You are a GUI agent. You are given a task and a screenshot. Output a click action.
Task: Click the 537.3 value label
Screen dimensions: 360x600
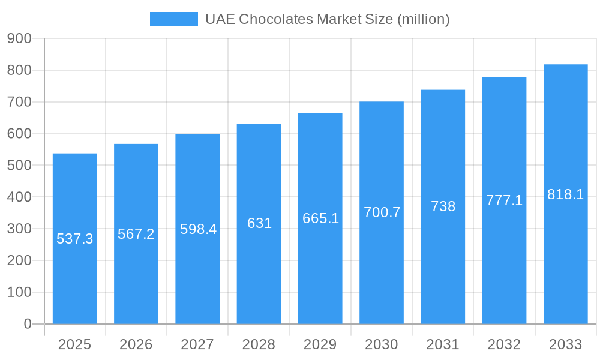click(x=75, y=239)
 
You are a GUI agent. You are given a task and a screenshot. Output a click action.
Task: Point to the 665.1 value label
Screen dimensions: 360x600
click(x=320, y=218)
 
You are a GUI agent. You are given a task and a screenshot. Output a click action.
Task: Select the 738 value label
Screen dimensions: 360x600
click(x=443, y=206)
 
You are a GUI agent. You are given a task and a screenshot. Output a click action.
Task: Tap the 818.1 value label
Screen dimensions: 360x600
click(x=565, y=194)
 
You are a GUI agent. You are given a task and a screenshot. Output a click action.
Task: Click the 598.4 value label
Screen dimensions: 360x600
click(x=198, y=229)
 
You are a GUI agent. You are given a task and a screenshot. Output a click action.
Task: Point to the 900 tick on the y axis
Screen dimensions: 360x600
click(x=19, y=38)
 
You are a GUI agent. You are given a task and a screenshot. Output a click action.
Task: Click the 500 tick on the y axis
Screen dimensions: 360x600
click(x=19, y=165)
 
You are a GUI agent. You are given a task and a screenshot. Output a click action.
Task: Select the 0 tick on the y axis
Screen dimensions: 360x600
click(x=28, y=324)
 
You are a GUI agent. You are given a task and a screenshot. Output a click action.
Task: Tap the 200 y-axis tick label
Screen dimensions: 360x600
click(x=19, y=260)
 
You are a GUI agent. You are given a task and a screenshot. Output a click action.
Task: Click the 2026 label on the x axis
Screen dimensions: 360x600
click(x=136, y=344)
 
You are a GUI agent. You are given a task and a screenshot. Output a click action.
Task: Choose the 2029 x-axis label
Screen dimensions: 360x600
click(x=320, y=344)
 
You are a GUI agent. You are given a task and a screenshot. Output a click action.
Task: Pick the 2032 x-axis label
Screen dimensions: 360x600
click(x=504, y=344)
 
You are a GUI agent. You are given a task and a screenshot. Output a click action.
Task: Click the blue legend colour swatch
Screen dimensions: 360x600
click(x=173, y=19)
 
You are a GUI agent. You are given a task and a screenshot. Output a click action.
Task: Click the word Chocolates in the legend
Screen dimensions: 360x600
click(x=276, y=19)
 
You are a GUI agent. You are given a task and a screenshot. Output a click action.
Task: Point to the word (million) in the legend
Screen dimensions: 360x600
click(x=423, y=19)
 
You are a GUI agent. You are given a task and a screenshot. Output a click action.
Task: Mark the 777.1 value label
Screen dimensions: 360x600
click(x=504, y=200)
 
